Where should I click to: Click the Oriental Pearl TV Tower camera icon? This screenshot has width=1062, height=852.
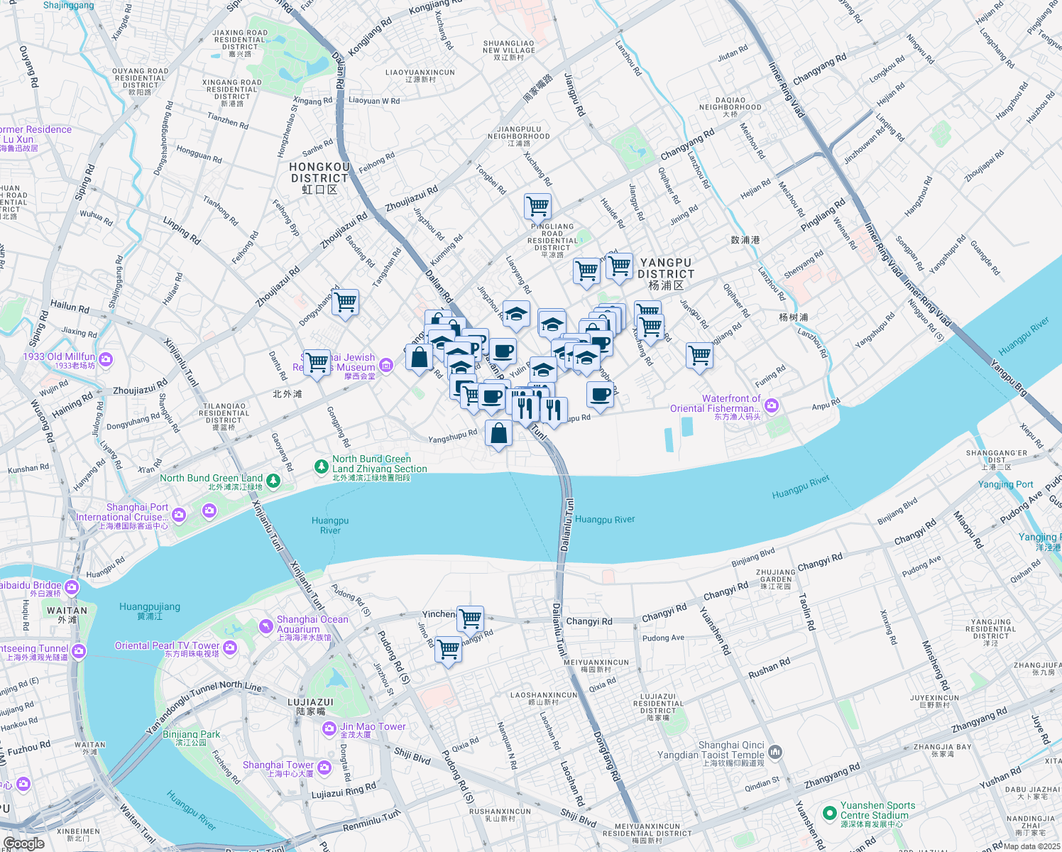pos(230,647)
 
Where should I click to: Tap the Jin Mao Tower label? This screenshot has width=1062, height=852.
pos(373,726)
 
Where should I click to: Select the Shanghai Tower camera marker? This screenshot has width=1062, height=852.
pos(324,767)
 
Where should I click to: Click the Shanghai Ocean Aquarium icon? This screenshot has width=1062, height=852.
pos(265,626)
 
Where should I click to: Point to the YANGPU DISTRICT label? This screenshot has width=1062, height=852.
pos(666,269)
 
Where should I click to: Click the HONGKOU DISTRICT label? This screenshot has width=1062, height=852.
pos(319,173)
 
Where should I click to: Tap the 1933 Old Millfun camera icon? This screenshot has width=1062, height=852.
pos(106,359)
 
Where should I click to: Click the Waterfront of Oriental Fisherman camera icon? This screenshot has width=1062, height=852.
pos(772,405)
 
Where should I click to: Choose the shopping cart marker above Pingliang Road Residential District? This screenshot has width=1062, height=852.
pos(537,206)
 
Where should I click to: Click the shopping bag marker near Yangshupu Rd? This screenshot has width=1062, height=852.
pos(498,432)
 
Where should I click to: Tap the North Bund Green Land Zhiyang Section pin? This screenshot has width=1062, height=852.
pos(321,466)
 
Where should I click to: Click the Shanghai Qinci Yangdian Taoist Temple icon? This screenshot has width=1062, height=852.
pos(775,751)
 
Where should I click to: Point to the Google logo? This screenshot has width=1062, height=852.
pos(23,843)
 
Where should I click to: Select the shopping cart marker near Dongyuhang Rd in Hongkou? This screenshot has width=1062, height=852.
pos(345,302)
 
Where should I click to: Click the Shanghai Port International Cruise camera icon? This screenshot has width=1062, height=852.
pos(179,514)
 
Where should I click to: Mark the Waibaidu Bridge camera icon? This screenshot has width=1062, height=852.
pos(72,587)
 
